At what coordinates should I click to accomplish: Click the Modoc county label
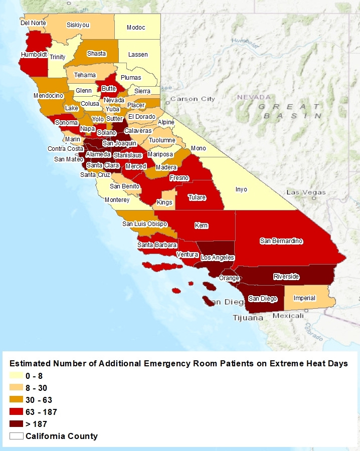tap(136, 28)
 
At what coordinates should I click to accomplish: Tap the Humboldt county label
tap(34, 54)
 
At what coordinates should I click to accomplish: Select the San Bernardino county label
tap(281, 241)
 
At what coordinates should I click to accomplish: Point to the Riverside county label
tap(286, 277)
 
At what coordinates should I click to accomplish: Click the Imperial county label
tap(304, 298)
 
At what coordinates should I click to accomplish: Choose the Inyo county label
tap(242, 189)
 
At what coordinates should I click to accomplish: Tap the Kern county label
tap(201, 225)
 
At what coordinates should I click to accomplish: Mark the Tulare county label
tap(197, 197)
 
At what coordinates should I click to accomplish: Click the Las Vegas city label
tap(306, 192)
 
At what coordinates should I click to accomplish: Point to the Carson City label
tap(193, 99)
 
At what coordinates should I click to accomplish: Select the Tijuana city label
tap(248, 318)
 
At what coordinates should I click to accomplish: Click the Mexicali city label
tap(289, 316)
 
